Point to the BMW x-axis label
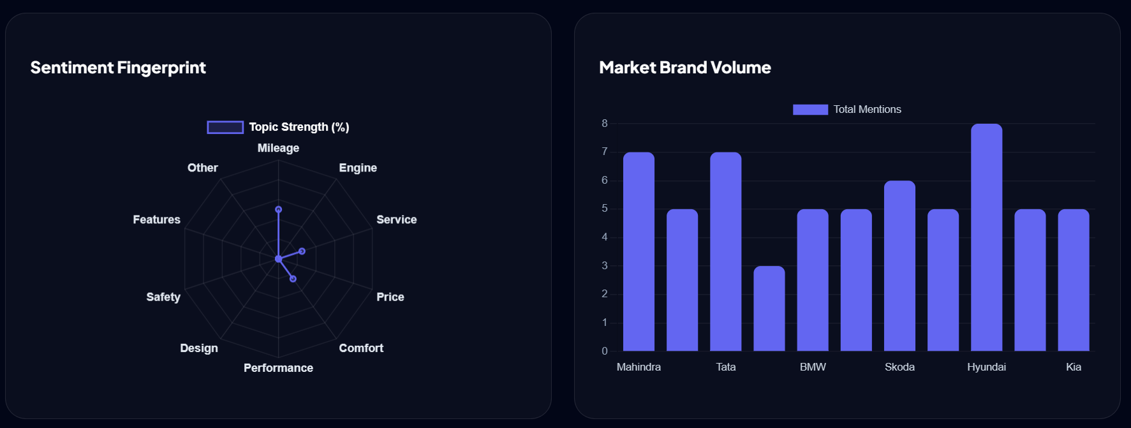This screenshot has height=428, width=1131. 813,367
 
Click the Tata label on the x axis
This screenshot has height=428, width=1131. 725,367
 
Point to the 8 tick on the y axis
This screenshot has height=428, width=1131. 604,123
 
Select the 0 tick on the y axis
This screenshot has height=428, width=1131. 604,351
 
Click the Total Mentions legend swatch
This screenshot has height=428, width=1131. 810,110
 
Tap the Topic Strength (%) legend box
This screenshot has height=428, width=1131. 225,128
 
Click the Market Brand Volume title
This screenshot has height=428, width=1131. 684,68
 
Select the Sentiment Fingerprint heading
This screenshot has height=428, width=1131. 118,68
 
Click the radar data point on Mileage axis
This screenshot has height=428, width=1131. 278,209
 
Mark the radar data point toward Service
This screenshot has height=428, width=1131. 302,251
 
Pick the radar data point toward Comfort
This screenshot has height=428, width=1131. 293,279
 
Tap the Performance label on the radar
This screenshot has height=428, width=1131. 278,368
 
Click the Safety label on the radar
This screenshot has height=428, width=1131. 163,297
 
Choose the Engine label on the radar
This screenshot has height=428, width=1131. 358,168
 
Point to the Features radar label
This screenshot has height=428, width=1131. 156,219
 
